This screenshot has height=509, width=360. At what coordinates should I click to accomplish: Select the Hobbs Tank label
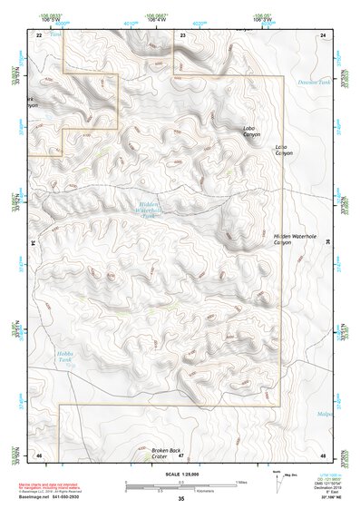(x=63, y=355)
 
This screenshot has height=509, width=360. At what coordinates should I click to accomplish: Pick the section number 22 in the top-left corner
(x=38, y=34)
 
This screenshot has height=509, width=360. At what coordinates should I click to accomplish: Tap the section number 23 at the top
(x=182, y=34)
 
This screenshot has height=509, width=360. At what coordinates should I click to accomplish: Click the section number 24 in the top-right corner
(x=323, y=34)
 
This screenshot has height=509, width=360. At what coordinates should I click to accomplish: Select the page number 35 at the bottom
(x=180, y=500)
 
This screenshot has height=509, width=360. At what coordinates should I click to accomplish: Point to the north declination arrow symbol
(x=277, y=480)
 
